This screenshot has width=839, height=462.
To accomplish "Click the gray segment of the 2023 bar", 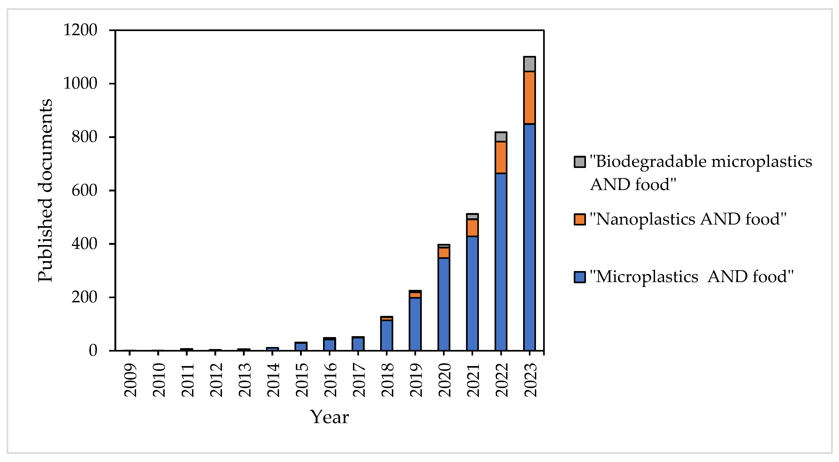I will click(529, 64).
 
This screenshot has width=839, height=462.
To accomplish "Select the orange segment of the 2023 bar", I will click(529, 98).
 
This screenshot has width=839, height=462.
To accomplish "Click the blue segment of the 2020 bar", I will click(444, 304).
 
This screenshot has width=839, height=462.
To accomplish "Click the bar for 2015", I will click(301, 347).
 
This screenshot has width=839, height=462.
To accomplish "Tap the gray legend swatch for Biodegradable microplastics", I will click(580, 162).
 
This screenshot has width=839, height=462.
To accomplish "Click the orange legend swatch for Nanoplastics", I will click(580, 219).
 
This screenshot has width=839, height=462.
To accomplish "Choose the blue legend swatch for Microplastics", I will click(580, 277).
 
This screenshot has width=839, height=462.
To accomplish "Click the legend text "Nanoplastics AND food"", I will click(688, 219).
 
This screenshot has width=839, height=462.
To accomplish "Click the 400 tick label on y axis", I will click(84, 244).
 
